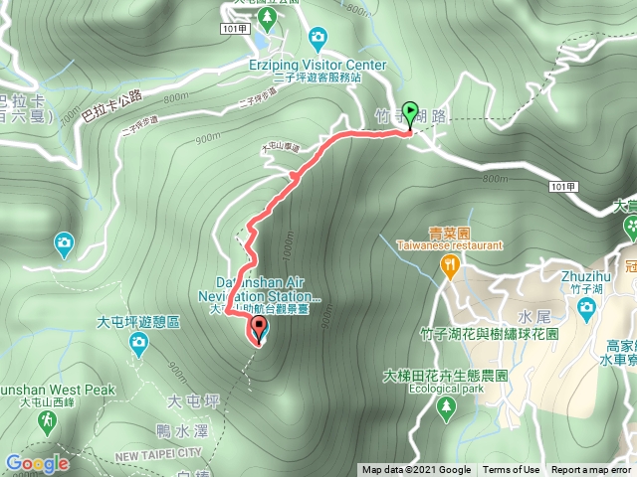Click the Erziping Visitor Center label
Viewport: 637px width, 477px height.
point(318,65)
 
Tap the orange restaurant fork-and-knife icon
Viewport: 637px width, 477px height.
point(451,264)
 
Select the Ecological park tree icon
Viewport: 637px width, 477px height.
point(447,407)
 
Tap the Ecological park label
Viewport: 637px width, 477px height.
point(447,390)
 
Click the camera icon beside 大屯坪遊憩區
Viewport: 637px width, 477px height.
point(138,345)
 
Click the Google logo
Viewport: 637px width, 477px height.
point(36,463)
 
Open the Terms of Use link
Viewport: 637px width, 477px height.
point(512,470)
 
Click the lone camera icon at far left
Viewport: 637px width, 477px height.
point(65,241)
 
